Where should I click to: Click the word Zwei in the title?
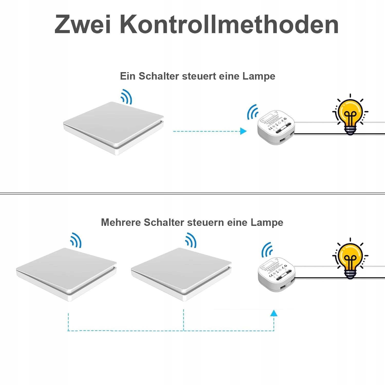coord(83,24)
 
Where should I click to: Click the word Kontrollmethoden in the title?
coord(229,24)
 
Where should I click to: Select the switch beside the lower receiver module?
coord(181,273)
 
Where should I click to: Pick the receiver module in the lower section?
coord(276,274)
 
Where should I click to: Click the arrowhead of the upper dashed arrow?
coord(243,131)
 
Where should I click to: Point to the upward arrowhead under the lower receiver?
coord(274,313)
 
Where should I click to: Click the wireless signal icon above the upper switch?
coord(127,97)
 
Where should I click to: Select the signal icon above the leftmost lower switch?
coord(76,240)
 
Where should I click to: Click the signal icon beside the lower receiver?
coord(267,249)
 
